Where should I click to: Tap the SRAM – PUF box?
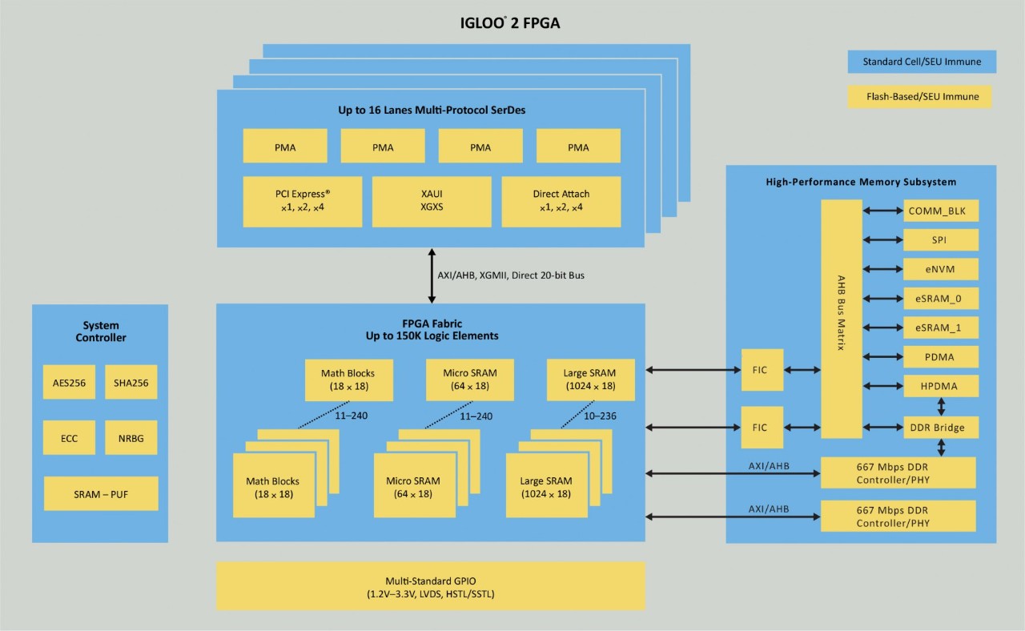point(100,494)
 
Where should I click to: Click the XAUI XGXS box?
point(432,201)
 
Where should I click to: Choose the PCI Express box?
point(302,201)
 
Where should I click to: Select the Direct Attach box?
point(561,201)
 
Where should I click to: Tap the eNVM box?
point(940,269)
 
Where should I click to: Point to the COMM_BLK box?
point(940,211)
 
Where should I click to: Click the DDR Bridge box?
point(940,428)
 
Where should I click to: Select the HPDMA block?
point(940,386)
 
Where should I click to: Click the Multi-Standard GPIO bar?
point(431,586)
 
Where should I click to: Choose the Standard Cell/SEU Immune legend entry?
point(922,62)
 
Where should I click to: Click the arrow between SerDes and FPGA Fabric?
point(432,275)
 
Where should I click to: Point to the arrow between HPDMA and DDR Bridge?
point(941,407)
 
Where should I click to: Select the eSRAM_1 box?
point(940,327)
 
